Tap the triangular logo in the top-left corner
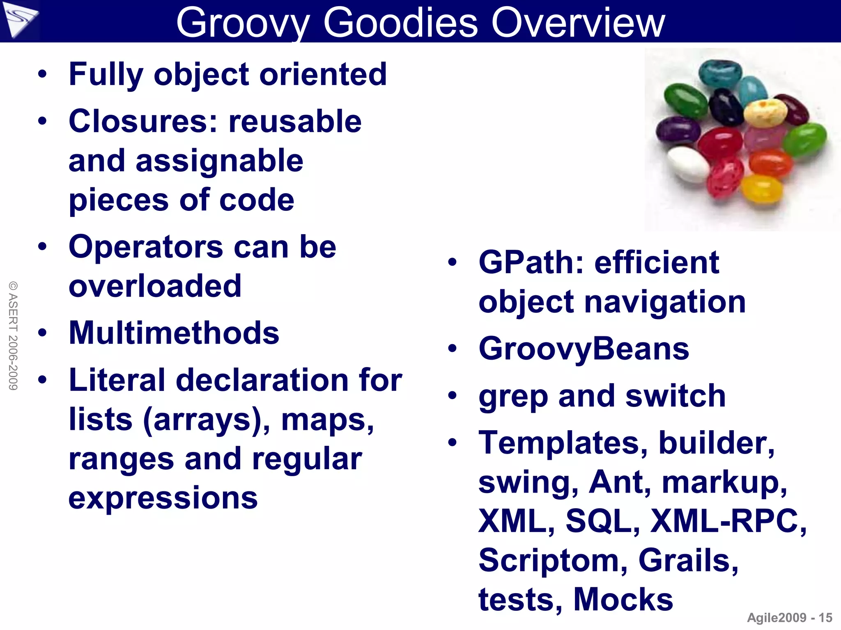pos(19,20)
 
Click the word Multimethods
pos(174,333)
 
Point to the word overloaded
pos(155,286)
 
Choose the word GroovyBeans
pos(584,349)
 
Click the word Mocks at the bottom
pos(623,600)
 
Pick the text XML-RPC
pos(728,521)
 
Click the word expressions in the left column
pos(163,498)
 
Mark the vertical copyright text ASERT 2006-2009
pos(13,336)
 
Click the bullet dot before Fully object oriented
pos(42,74)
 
